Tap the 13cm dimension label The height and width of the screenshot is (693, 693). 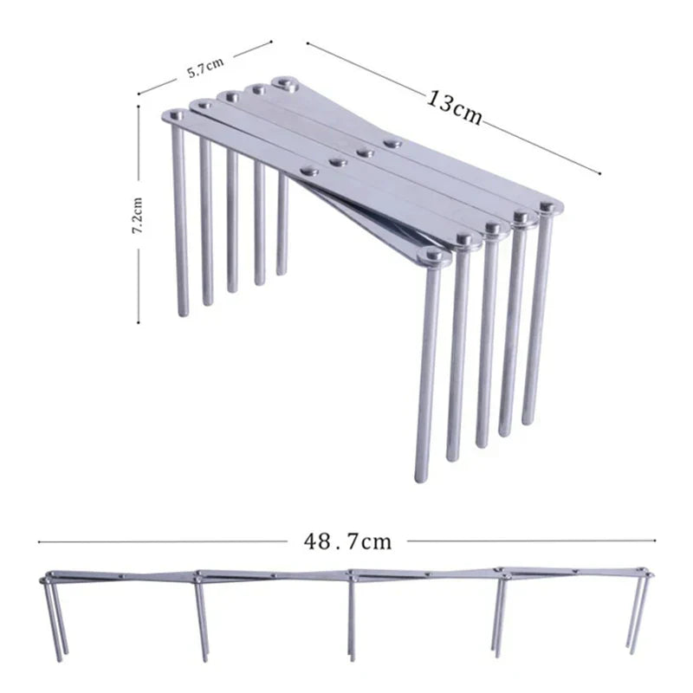[454, 108]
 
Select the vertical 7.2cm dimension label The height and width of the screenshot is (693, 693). [138, 215]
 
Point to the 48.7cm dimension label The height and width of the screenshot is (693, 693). [347, 541]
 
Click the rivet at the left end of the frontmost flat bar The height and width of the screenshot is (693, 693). [176, 116]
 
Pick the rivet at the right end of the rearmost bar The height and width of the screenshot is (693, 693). [547, 205]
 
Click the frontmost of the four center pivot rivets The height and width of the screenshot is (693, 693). [310, 171]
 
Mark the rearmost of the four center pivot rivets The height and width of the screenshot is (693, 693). [392, 144]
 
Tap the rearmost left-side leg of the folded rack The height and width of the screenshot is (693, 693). [282, 224]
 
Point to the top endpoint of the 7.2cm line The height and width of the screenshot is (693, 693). [139, 106]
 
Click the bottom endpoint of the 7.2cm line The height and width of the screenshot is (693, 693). [139, 322]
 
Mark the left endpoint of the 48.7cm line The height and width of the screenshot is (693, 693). [39, 541]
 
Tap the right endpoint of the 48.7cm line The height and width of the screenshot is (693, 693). [655, 540]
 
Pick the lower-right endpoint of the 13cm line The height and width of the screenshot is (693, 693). [599, 174]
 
